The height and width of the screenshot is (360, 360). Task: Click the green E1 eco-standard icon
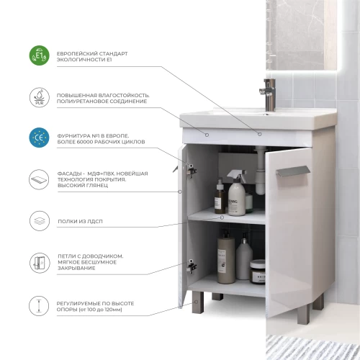coord(39,55)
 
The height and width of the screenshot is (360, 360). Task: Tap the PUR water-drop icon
coord(40,97)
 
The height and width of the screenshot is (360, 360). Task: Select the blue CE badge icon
coord(39,138)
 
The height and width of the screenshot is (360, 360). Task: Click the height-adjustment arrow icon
coord(39,306)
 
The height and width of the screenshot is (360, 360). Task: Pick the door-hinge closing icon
coord(40,263)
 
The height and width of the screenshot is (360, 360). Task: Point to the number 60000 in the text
coord(85,142)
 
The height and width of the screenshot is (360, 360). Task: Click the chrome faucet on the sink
coord(269,95)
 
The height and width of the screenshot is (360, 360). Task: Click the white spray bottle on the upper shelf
coord(237,193)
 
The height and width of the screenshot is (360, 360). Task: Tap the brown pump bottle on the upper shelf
coord(220,197)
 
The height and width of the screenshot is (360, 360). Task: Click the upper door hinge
coord(192,171)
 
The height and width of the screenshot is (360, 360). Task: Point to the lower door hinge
coord(192,266)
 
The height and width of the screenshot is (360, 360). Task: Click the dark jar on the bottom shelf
coord(258,272)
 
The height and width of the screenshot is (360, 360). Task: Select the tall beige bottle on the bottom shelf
coord(226,258)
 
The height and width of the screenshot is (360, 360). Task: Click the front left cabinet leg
coord(198,302)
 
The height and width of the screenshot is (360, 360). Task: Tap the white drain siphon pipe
coord(260,171)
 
